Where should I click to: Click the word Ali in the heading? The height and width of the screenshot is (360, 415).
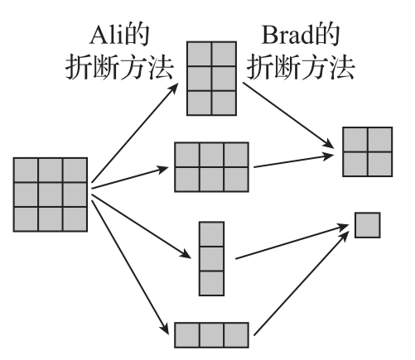pyautogui.click(x=106, y=36)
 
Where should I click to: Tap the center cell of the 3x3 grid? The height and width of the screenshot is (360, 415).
pyautogui.click(x=51, y=194)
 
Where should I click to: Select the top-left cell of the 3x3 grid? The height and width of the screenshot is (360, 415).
pyautogui.click(x=26, y=170)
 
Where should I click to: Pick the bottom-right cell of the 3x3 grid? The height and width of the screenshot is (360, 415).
pyautogui.click(x=75, y=218)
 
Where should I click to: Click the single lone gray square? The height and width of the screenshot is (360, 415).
pyautogui.click(x=368, y=225)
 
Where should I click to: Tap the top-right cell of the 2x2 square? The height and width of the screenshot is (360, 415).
pyautogui.click(x=380, y=140)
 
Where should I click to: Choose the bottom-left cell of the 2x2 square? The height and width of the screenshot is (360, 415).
pyautogui.click(x=355, y=164)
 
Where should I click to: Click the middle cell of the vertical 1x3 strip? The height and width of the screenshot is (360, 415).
pyautogui.click(x=211, y=259)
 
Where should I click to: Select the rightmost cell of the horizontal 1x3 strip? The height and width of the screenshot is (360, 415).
pyautogui.click(x=236, y=335)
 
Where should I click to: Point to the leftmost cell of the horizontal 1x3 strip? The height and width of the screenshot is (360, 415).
pyautogui.click(x=187, y=335)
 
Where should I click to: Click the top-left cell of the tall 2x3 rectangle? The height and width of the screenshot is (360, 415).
pyautogui.click(x=200, y=54)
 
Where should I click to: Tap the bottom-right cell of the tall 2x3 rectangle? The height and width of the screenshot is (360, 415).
pyautogui.click(x=224, y=103)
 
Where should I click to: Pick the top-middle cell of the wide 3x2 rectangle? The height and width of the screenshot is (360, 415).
pyautogui.click(x=211, y=155)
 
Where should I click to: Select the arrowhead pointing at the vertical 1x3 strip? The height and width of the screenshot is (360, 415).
pyautogui.click(x=186, y=254)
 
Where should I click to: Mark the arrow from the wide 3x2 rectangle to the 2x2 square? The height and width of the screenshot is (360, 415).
pyautogui.click(x=294, y=161)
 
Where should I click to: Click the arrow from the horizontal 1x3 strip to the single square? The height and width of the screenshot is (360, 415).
pyautogui.click(x=301, y=284)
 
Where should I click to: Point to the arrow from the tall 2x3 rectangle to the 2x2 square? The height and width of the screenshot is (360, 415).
pyautogui.click(x=288, y=115)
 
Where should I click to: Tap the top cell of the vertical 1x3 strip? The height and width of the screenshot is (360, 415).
pyautogui.click(x=211, y=234)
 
